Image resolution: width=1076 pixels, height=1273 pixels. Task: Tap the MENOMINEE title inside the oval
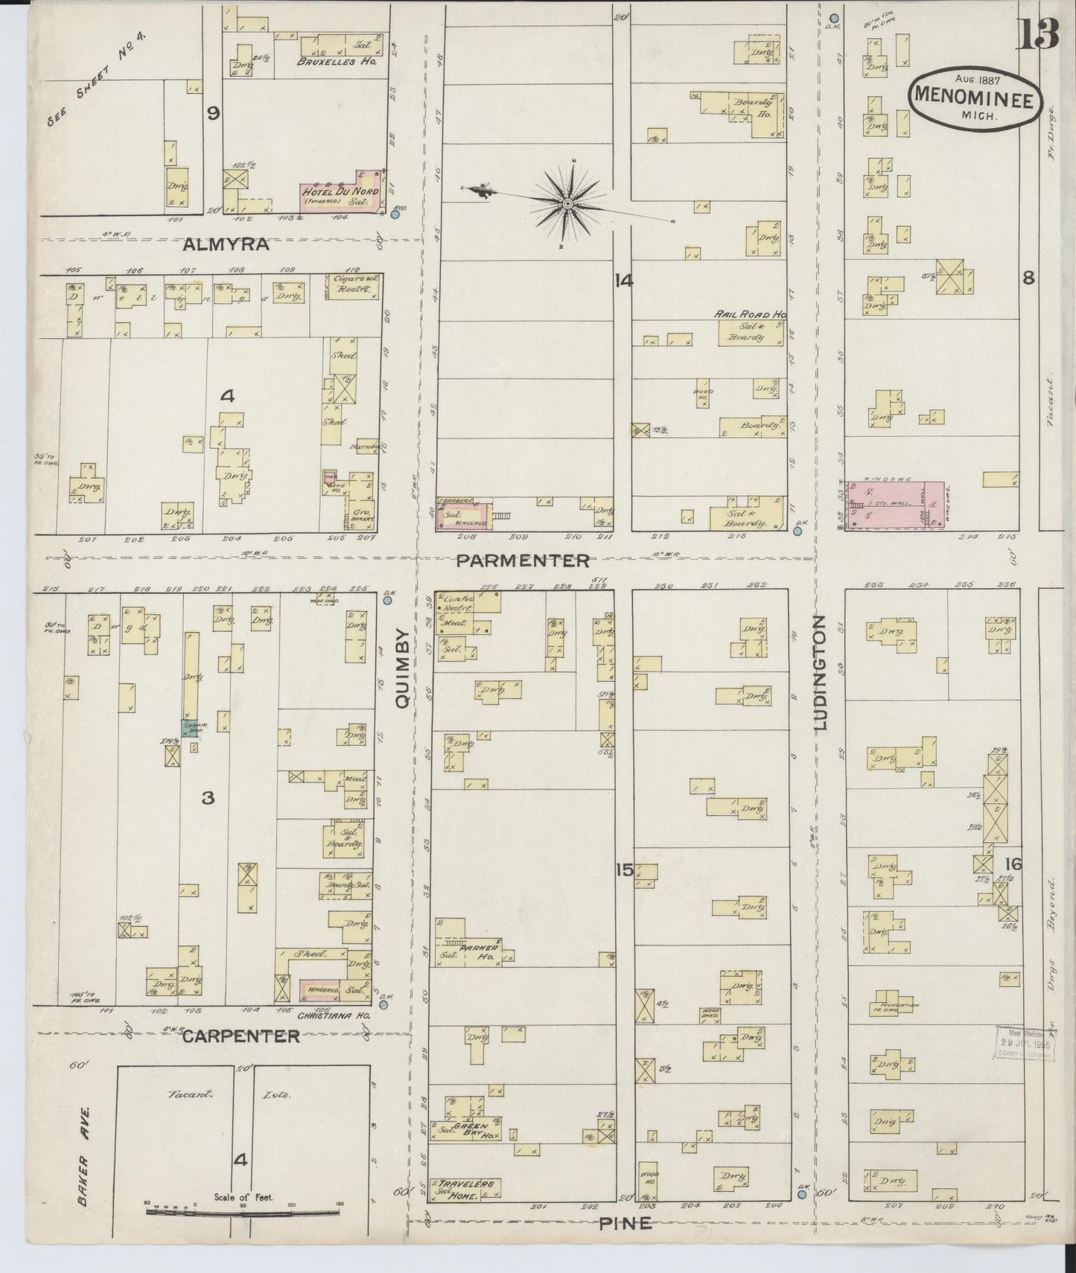[x=974, y=97]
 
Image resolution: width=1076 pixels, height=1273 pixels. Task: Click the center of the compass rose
[x=567, y=202]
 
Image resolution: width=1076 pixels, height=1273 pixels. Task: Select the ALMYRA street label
[x=224, y=244]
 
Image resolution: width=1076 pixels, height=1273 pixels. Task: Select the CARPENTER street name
[x=241, y=1036]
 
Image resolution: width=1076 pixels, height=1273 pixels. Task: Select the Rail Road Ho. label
[x=750, y=315]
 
